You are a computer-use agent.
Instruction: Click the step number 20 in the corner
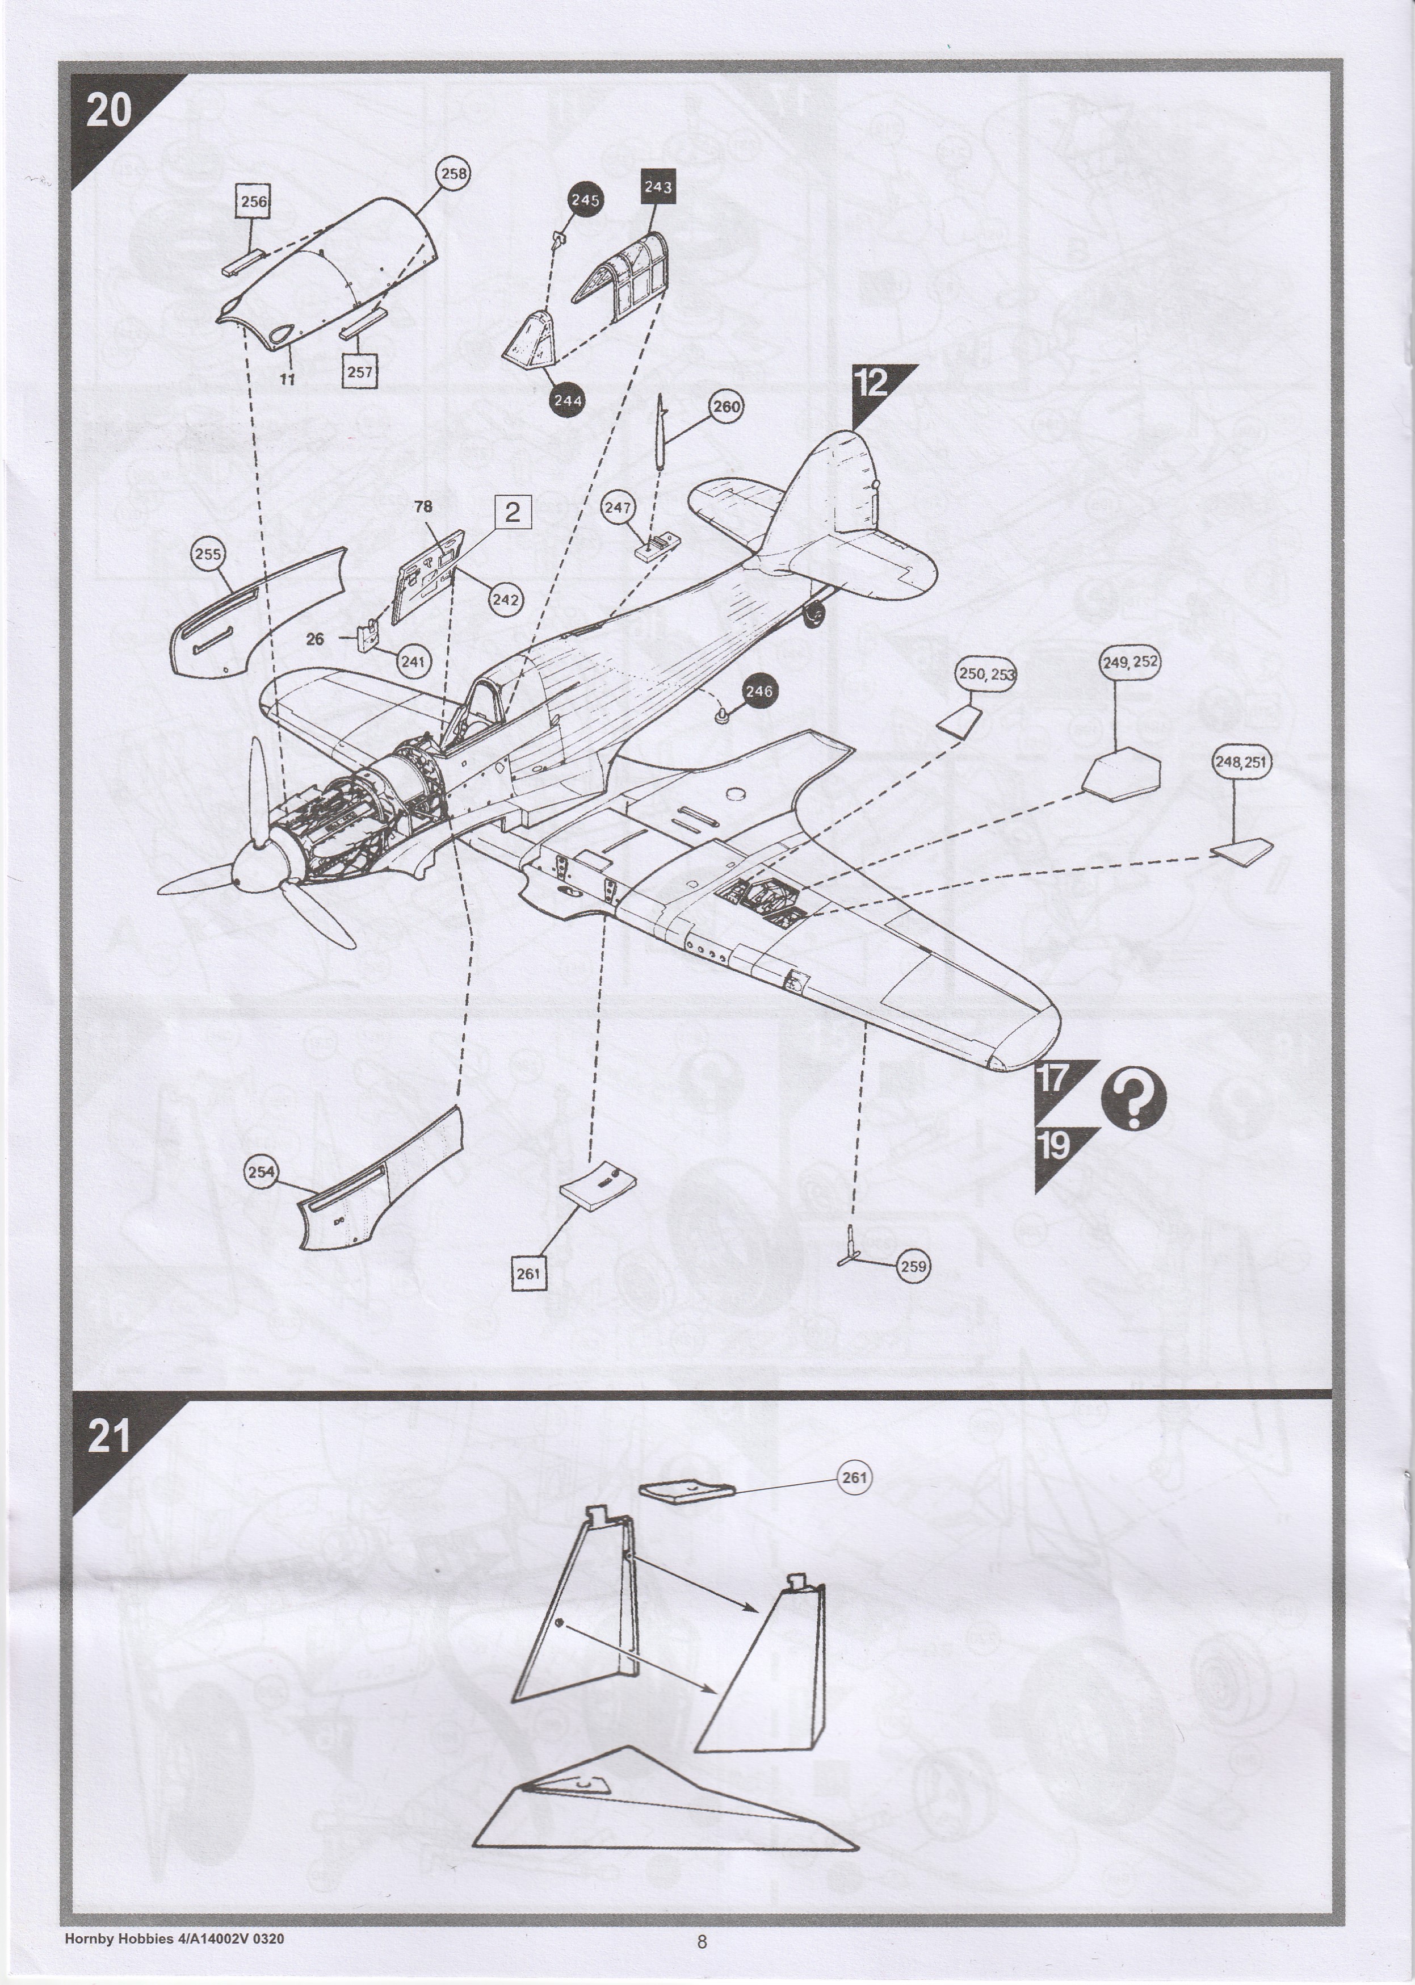click(x=108, y=111)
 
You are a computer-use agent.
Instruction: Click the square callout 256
click(x=254, y=202)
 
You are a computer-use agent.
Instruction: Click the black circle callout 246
click(x=759, y=691)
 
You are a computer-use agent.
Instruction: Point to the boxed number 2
click(x=513, y=512)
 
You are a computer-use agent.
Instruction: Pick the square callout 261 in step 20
click(x=528, y=1273)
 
